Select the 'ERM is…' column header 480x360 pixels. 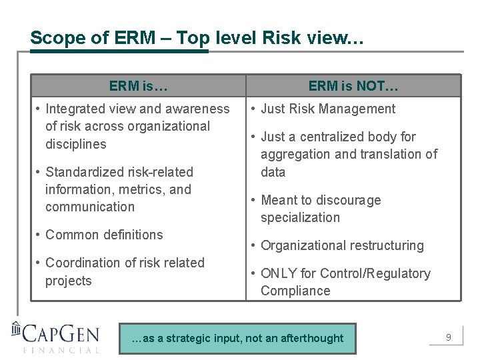pyautogui.click(x=138, y=86)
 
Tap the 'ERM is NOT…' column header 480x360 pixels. pyautogui.click(x=353, y=86)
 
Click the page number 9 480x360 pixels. pyautogui.click(x=449, y=337)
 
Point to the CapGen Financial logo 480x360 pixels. pyautogui.click(x=56, y=337)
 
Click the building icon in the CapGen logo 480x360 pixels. pyautogui.click(x=17, y=331)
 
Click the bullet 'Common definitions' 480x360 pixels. pyautogui.click(x=104, y=235)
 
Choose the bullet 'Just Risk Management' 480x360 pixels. pyautogui.click(x=328, y=109)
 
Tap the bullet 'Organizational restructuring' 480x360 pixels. pyautogui.click(x=342, y=245)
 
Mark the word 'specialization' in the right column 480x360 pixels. pyautogui.click(x=300, y=217)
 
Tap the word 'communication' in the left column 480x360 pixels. pyautogui.click(x=90, y=207)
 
